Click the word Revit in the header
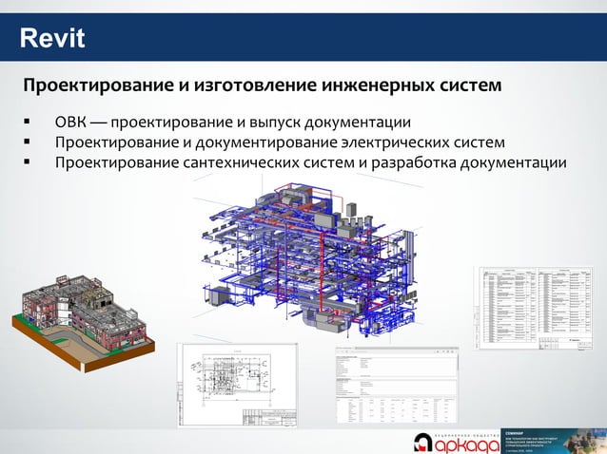coord(52,39)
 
